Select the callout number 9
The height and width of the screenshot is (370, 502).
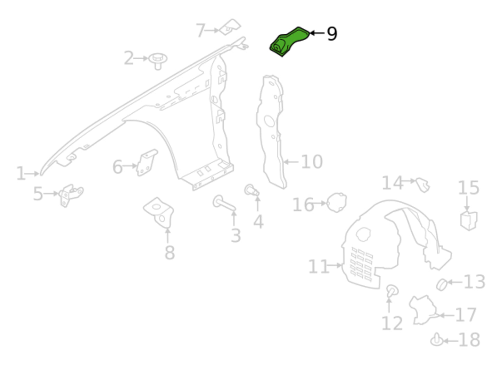[x=332, y=34]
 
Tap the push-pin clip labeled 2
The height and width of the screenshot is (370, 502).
[x=158, y=60]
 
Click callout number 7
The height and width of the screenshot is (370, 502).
[x=200, y=31]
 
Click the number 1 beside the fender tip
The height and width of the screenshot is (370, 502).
[x=21, y=173]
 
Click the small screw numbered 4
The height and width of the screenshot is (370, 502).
[x=252, y=190]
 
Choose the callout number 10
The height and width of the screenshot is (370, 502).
[x=312, y=162]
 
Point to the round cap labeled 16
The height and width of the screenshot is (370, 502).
[x=337, y=202]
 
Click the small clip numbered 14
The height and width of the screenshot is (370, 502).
[x=423, y=184]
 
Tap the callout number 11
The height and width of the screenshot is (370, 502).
[x=318, y=267]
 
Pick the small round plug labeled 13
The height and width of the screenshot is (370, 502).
[x=442, y=284]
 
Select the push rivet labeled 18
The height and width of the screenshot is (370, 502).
[x=436, y=340]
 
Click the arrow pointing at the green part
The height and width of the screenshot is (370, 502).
[x=317, y=33]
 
